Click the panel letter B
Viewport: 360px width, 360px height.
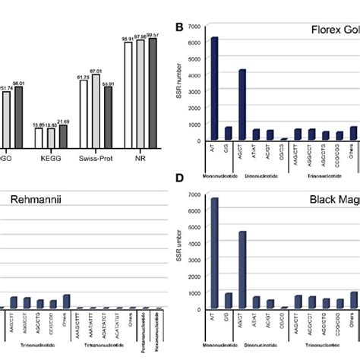click(180, 29)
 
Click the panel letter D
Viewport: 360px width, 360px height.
click(180, 199)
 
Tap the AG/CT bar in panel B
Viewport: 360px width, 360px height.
click(242, 105)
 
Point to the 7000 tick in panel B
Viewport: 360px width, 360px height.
click(194, 27)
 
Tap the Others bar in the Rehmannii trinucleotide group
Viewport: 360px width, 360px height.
click(66, 301)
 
